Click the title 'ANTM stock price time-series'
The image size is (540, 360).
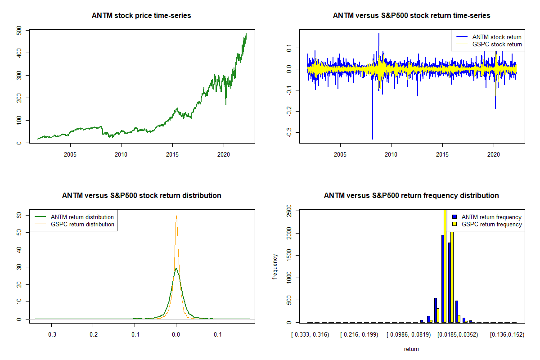tap(141, 16)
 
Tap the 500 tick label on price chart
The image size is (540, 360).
tap(20, 30)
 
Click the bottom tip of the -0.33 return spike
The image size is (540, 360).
tap(373, 139)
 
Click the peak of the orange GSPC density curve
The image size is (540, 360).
tap(176, 216)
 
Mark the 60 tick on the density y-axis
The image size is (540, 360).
tap(20, 215)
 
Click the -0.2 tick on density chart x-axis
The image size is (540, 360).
tap(93, 335)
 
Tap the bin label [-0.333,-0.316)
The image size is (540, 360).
tap(310, 335)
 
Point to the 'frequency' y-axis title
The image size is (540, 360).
tap(275, 267)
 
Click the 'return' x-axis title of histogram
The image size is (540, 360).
tap(411, 349)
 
